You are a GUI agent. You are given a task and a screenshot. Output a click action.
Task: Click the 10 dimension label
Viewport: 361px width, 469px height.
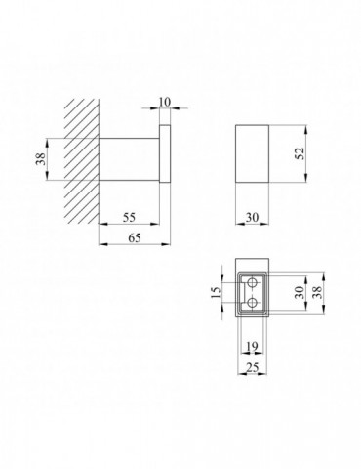(165, 102)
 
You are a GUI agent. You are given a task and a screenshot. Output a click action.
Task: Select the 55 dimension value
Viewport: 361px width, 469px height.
(129, 217)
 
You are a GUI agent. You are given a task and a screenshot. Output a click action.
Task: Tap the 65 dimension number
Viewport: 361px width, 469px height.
(135, 238)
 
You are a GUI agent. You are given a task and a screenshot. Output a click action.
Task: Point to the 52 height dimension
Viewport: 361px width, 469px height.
(300, 153)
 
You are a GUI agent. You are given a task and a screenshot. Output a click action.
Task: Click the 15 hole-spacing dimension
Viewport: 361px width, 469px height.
(216, 293)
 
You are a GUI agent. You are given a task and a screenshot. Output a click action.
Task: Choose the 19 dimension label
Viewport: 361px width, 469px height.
(252, 346)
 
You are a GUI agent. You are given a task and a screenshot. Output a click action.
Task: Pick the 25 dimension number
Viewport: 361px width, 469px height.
(252, 367)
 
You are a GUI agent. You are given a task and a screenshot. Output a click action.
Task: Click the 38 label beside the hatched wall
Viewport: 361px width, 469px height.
(41, 159)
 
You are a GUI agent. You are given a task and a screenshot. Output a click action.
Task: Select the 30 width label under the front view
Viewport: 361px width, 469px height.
(252, 217)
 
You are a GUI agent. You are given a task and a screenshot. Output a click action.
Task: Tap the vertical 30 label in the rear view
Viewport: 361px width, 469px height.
(300, 292)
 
